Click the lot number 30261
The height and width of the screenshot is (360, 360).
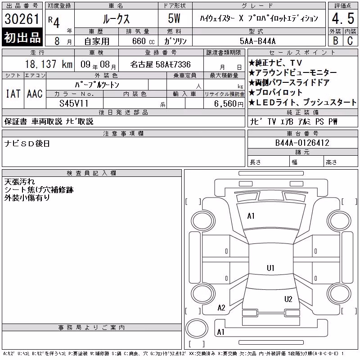click(22, 19)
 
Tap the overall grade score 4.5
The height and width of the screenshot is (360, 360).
click(343, 18)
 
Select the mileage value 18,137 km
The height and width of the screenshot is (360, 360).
click(49, 64)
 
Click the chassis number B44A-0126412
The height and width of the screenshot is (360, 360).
click(302, 143)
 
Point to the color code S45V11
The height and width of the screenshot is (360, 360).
click(74, 103)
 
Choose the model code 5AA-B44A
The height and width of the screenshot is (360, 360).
click(257, 41)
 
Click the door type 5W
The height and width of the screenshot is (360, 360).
click(174, 18)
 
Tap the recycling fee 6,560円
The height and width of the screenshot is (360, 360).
click(229, 104)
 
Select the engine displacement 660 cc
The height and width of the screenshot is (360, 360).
click(143, 41)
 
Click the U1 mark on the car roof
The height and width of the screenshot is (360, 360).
click(270, 268)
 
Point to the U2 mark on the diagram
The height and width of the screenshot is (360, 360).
click(288, 299)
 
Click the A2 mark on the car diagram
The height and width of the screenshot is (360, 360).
click(221, 308)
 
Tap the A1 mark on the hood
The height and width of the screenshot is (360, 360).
click(251, 216)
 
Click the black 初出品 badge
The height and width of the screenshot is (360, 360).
click(22, 37)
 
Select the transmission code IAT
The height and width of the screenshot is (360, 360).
click(13, 94)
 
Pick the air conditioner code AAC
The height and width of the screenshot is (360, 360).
click(35, 94)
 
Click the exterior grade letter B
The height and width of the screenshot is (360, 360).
click(336, 41)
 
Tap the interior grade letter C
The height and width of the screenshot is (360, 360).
click(350, 41)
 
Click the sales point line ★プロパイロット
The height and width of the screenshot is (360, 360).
click(275, 92)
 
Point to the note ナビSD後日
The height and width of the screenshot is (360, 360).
click(27, 144)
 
